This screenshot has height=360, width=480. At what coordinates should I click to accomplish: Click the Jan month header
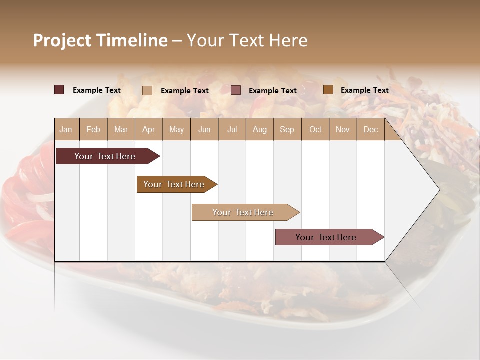[x=66, y=129]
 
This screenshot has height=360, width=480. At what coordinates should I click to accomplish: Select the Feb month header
[x=93, y=129]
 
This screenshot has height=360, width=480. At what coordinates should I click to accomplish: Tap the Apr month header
[x=149, y=129]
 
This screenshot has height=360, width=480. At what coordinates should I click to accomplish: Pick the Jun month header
[x=204, y=129]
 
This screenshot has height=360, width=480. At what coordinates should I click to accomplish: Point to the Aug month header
[x=260, y=129]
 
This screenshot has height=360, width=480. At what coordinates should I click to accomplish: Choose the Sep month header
[x=287, y=129]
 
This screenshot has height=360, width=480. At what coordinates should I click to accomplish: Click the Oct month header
[x=315, y=129]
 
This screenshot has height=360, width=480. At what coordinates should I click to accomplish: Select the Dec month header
[x=371, y=129]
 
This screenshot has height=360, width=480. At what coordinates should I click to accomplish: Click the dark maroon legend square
[x=59, y=90]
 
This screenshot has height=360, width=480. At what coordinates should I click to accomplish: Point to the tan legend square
[x=147, y=90]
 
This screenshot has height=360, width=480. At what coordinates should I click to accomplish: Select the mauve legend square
[x=236, y=90]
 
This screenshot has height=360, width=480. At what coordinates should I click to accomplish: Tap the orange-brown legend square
[x=328, y=90]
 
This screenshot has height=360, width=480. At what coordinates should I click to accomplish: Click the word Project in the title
[x=63, y=40]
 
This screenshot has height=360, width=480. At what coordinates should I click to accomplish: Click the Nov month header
[x=343, y=129]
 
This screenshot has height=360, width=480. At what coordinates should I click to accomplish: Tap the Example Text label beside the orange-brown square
[x=365, y=90]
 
